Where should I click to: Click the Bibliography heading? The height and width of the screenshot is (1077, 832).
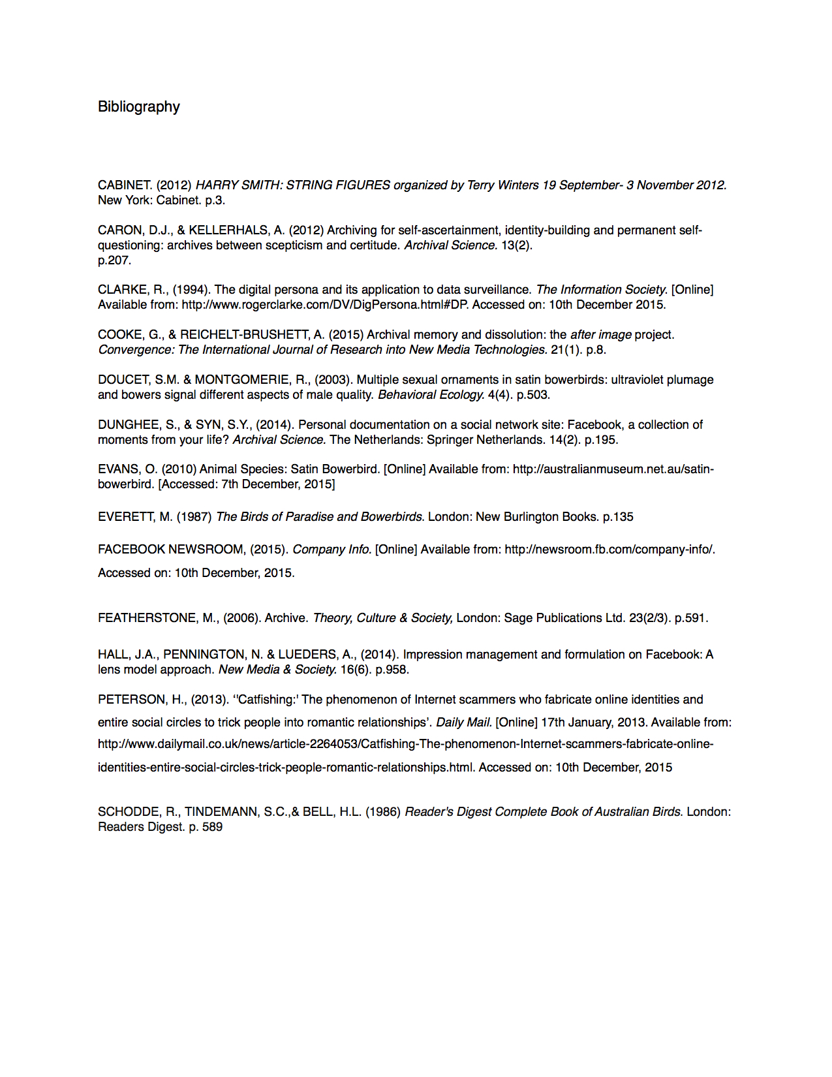tap(138, 106)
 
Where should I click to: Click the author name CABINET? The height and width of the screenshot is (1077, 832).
tap(124, 185)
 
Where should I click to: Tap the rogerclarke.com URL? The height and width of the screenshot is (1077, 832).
tap(324, 304)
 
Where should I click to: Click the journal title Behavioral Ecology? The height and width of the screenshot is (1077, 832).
tap(431, 394)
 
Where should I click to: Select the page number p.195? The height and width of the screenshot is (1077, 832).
tap(600, 439)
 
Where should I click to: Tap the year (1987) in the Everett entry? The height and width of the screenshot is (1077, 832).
tap(194, 516)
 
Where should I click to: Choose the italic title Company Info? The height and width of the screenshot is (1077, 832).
tap(331, 549)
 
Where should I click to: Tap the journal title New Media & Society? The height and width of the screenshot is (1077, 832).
tap(277, 669)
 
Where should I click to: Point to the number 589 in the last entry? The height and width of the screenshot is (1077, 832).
tap(213, 826)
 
